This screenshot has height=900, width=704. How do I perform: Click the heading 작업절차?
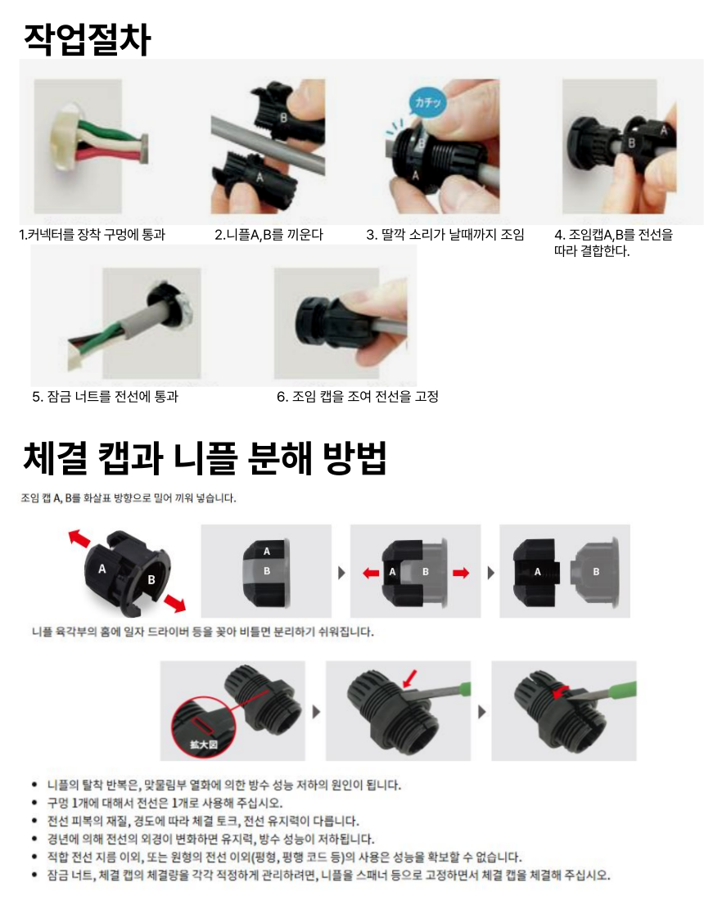coord(88,39)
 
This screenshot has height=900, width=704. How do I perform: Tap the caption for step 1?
coord(92,235)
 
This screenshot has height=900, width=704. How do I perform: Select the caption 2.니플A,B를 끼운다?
coord(269,235)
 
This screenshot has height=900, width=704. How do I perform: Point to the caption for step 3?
coord(445,235)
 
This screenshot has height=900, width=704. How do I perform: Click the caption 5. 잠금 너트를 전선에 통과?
coord(105,397)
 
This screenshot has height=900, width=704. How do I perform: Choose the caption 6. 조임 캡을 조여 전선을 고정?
coord(357,397)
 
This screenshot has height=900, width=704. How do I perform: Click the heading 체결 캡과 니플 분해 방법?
coord(205,458)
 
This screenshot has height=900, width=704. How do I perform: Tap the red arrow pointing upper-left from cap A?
coord(80,538)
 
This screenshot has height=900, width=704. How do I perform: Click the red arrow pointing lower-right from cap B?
coord(174,603)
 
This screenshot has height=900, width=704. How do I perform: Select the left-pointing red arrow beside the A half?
coord(371,572)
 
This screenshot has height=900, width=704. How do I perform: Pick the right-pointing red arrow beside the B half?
coord(461,572)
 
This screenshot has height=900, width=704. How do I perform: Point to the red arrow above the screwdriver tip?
coord(410,678)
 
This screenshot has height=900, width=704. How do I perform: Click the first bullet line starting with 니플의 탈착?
coord(224,785)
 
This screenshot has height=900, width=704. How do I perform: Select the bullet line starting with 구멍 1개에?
coord(165,803)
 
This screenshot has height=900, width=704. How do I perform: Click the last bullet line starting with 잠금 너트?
coord(328,875)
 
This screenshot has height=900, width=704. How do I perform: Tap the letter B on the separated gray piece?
coord(596,572)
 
